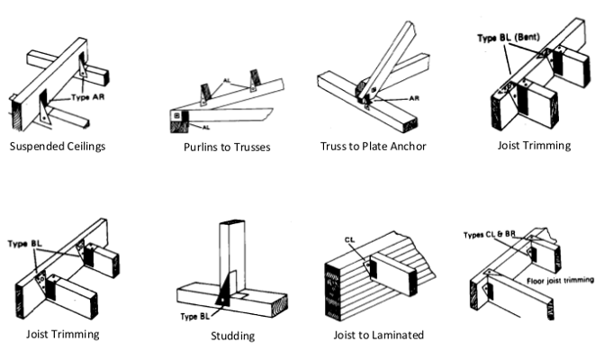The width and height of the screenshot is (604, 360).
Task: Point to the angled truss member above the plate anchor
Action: point(384,54)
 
